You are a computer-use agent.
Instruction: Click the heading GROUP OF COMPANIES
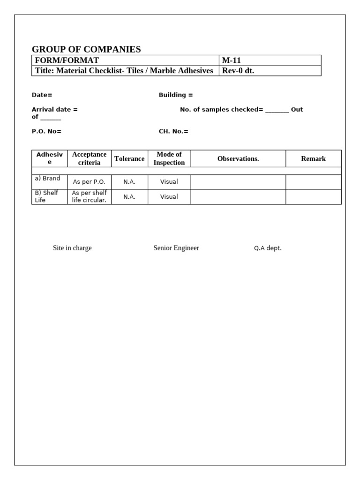86,49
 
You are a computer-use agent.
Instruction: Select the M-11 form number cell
232,60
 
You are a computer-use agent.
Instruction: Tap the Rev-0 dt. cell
238,71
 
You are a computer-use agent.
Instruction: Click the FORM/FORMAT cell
67,60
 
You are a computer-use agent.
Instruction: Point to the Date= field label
42,95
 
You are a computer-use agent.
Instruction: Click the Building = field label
176,95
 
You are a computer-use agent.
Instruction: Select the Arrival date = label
55,109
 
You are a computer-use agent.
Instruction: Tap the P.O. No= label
46,131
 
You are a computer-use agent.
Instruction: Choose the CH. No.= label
173,131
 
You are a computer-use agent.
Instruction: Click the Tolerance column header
129,158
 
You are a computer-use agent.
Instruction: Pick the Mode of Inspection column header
169,158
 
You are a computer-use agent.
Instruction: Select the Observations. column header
238,158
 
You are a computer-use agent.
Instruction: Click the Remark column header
313,158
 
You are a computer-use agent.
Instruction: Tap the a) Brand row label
47,179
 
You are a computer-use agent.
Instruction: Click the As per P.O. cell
89,182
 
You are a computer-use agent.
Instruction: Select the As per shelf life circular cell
89,197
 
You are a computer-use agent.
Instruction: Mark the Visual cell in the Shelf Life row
169,197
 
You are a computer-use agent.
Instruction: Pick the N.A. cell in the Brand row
129,182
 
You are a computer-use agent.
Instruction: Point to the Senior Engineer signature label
176,248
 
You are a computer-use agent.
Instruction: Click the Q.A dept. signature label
268,248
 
